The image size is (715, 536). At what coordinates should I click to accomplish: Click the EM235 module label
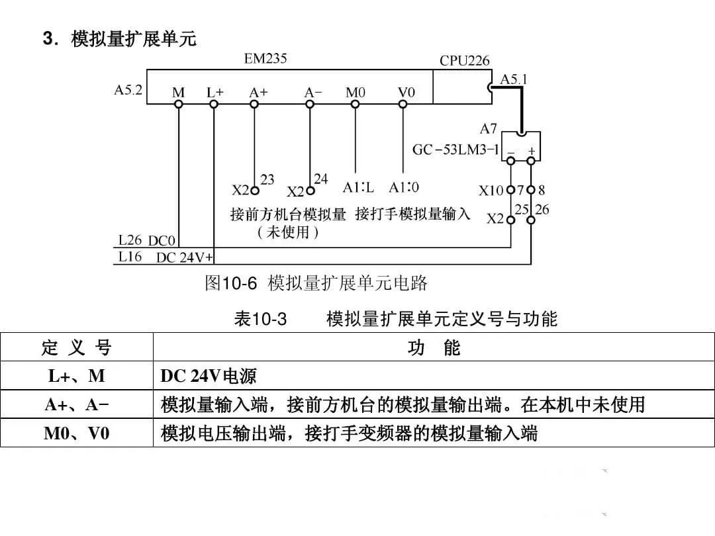pos(265,58)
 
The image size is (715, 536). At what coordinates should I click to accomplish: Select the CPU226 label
pos(465,61)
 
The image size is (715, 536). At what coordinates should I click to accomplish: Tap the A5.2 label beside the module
pos(128,91)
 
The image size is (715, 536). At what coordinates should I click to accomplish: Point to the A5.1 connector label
pos(514,79)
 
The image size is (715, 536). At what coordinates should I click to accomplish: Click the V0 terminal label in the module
pos(406,93)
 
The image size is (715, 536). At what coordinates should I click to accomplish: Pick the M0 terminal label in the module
pos(356,93)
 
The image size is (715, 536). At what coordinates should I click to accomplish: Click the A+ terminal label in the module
pos(258,93)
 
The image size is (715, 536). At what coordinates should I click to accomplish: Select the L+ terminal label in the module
pos(215,93)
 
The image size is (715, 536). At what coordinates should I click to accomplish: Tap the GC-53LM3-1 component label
pos(455,150)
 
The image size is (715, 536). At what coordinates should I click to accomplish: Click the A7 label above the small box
pos(489,128)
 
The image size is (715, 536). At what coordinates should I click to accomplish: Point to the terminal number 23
pos(267,179)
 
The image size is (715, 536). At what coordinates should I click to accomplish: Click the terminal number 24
pos(320,179)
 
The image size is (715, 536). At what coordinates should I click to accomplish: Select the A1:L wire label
pos(358,187)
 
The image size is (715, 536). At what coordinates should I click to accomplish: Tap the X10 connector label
pos(491,191)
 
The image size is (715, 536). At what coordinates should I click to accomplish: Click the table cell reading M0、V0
pos(76,433)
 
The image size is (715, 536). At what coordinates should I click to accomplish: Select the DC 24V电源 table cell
pos(209,377)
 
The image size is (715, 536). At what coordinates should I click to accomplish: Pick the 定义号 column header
pos(76,347)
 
